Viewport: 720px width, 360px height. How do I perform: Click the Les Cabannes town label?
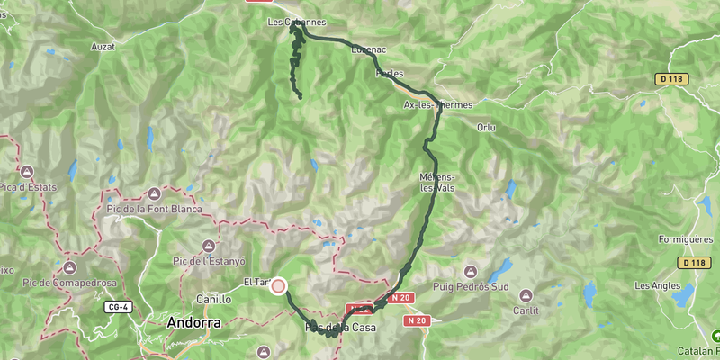click(297, 22)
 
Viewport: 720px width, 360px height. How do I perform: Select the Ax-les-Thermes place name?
click(437, 105)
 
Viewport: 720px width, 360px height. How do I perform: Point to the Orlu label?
click(487, 127)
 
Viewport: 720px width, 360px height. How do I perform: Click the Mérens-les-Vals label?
click(438, 182)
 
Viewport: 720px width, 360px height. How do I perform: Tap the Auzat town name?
click(103, 45)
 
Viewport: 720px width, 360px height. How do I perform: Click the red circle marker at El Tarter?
click(278, 286)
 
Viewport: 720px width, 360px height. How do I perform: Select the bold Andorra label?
click(194, 321)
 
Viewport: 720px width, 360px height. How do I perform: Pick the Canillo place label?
click(214, 299)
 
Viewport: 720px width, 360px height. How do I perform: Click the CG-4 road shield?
click(116, 307)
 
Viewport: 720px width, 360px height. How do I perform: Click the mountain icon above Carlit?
click(526, 294)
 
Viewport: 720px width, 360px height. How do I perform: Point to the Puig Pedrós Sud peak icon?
click(470, 271)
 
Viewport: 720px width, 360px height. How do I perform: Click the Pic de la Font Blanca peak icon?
click(154, 193)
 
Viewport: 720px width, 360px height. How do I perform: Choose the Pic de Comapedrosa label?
click(71, 283)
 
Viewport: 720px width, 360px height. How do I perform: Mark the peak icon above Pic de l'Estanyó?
click(209, 245)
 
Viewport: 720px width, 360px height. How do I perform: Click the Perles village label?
click(390, 74)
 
